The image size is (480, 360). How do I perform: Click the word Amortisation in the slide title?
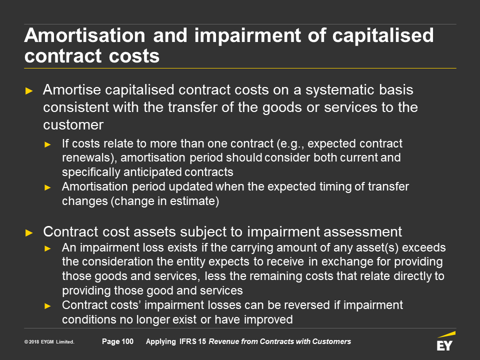point(85,35)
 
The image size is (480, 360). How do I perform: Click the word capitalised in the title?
point(383,36)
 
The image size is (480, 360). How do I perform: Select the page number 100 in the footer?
point(127,341)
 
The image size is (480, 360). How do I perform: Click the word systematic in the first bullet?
point(340,90)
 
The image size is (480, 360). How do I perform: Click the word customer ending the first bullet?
point(73,125)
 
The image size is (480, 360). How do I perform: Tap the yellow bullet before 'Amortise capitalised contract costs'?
point(29,91)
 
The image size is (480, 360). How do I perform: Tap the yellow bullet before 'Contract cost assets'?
point(29,233)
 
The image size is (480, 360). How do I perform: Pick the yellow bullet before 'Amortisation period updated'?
point(48,187)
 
